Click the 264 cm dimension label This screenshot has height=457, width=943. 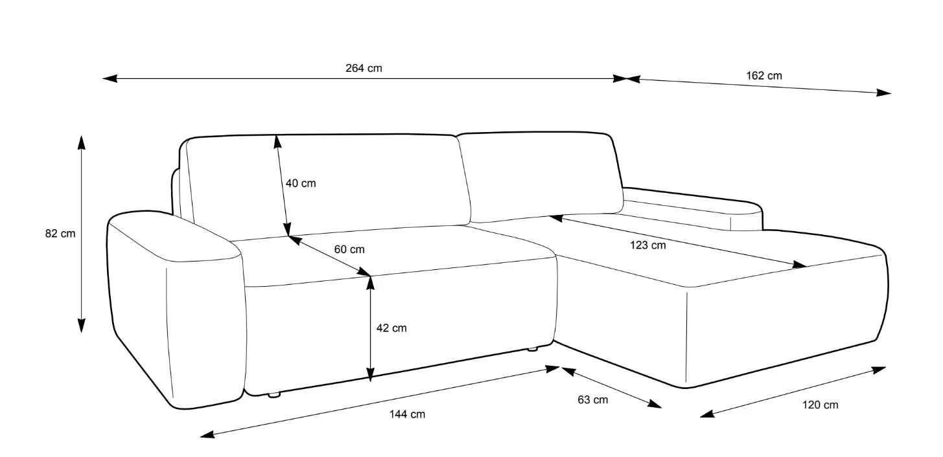pos(364,68)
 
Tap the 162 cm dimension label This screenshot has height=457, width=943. pos(764,76)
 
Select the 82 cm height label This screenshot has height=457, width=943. pos(60,233)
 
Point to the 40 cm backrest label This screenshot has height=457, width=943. pos(301,183)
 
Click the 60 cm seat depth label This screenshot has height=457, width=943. pos(349,249)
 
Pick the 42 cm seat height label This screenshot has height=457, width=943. pos(391,328)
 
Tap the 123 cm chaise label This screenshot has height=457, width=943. pos(648,245)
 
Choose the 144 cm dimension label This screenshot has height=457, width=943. pos(407,414)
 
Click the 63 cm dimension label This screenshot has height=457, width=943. pos(593,399)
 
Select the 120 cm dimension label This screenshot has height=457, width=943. pos(820,405)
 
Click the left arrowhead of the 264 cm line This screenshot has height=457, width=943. pos(110,78)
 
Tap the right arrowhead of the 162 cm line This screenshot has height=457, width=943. pos(883,93)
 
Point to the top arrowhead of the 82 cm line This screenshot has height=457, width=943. pos(81,142)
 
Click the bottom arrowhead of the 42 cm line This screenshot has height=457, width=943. pos(370,375)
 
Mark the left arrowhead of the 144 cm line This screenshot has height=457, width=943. pos(207,434)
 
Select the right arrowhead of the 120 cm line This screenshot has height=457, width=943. pos(878,370)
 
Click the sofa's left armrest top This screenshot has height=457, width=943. pos(175,236)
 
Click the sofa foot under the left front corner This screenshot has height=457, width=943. pos(274,394)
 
